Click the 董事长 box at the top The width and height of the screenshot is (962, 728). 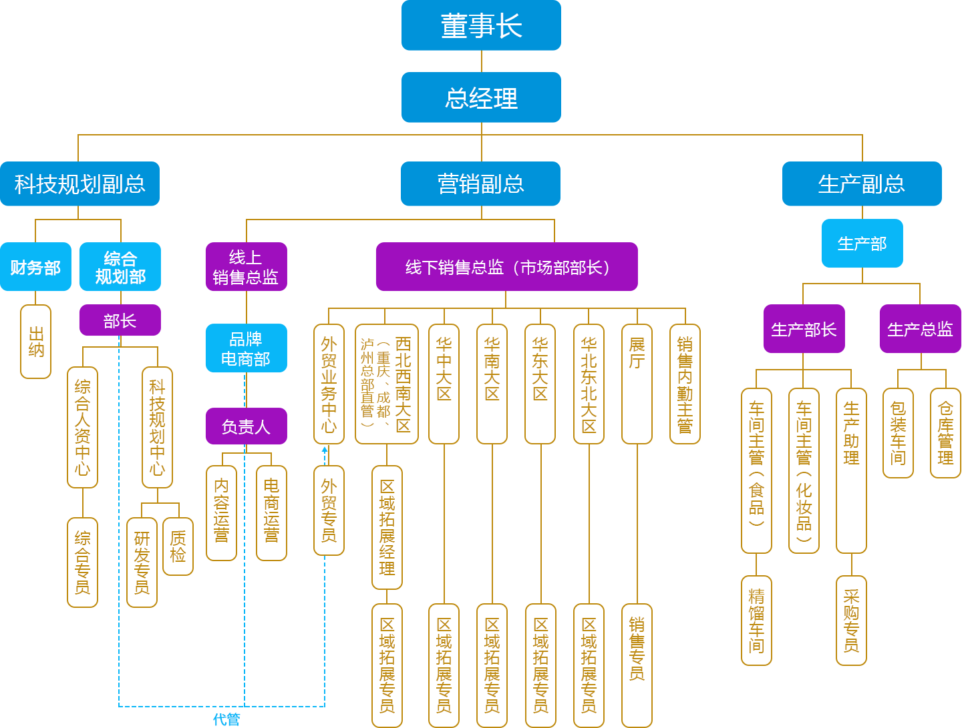[481, 25]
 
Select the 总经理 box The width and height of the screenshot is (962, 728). [481, 97]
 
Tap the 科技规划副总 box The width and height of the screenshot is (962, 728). [79, 184]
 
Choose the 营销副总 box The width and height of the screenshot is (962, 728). [480, 184]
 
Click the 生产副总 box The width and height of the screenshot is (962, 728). [862, 184]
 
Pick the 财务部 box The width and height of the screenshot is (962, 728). [35, 267]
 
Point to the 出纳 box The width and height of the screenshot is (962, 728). [36, 342]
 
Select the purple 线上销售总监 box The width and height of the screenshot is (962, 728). [246, 267]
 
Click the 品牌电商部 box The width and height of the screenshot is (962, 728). [246, 348]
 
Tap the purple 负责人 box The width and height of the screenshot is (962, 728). [246, 426]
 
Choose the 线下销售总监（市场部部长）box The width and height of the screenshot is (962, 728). [506, 267]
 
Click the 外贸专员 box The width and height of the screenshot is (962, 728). [329, 510]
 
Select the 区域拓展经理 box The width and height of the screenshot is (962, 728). [387, 527]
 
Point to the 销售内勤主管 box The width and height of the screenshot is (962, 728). [685, 384]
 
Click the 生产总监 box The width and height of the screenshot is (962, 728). [920, 329]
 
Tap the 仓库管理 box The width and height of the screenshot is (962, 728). [945, 433]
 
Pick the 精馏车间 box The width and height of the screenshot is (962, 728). [756, 621]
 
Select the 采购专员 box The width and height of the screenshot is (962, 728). [851, 621]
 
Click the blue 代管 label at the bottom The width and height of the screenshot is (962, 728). [226, 719]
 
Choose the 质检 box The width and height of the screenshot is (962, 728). [178, 547]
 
